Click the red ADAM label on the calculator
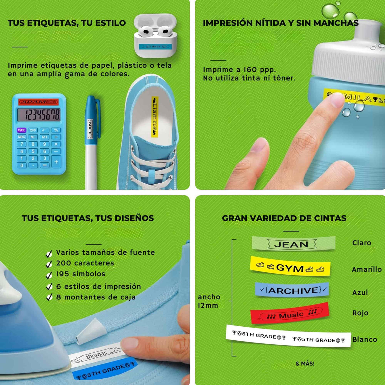coord(38,102)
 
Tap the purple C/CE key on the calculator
coord(22,130)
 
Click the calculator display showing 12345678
coord(39,115)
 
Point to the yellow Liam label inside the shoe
coord(155,117)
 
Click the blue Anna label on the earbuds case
coord(155,47)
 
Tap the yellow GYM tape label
coord(290,268)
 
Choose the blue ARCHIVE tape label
coord(292,290)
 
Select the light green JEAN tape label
coord(293,244)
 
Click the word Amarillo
coord(367,269)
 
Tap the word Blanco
coord(365,339)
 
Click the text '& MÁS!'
coord(305,363)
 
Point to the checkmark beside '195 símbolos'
coord(49,275)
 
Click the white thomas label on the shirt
coord(95,355)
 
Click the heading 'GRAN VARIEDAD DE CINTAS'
coord(284,218)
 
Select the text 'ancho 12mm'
coord(209,301)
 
